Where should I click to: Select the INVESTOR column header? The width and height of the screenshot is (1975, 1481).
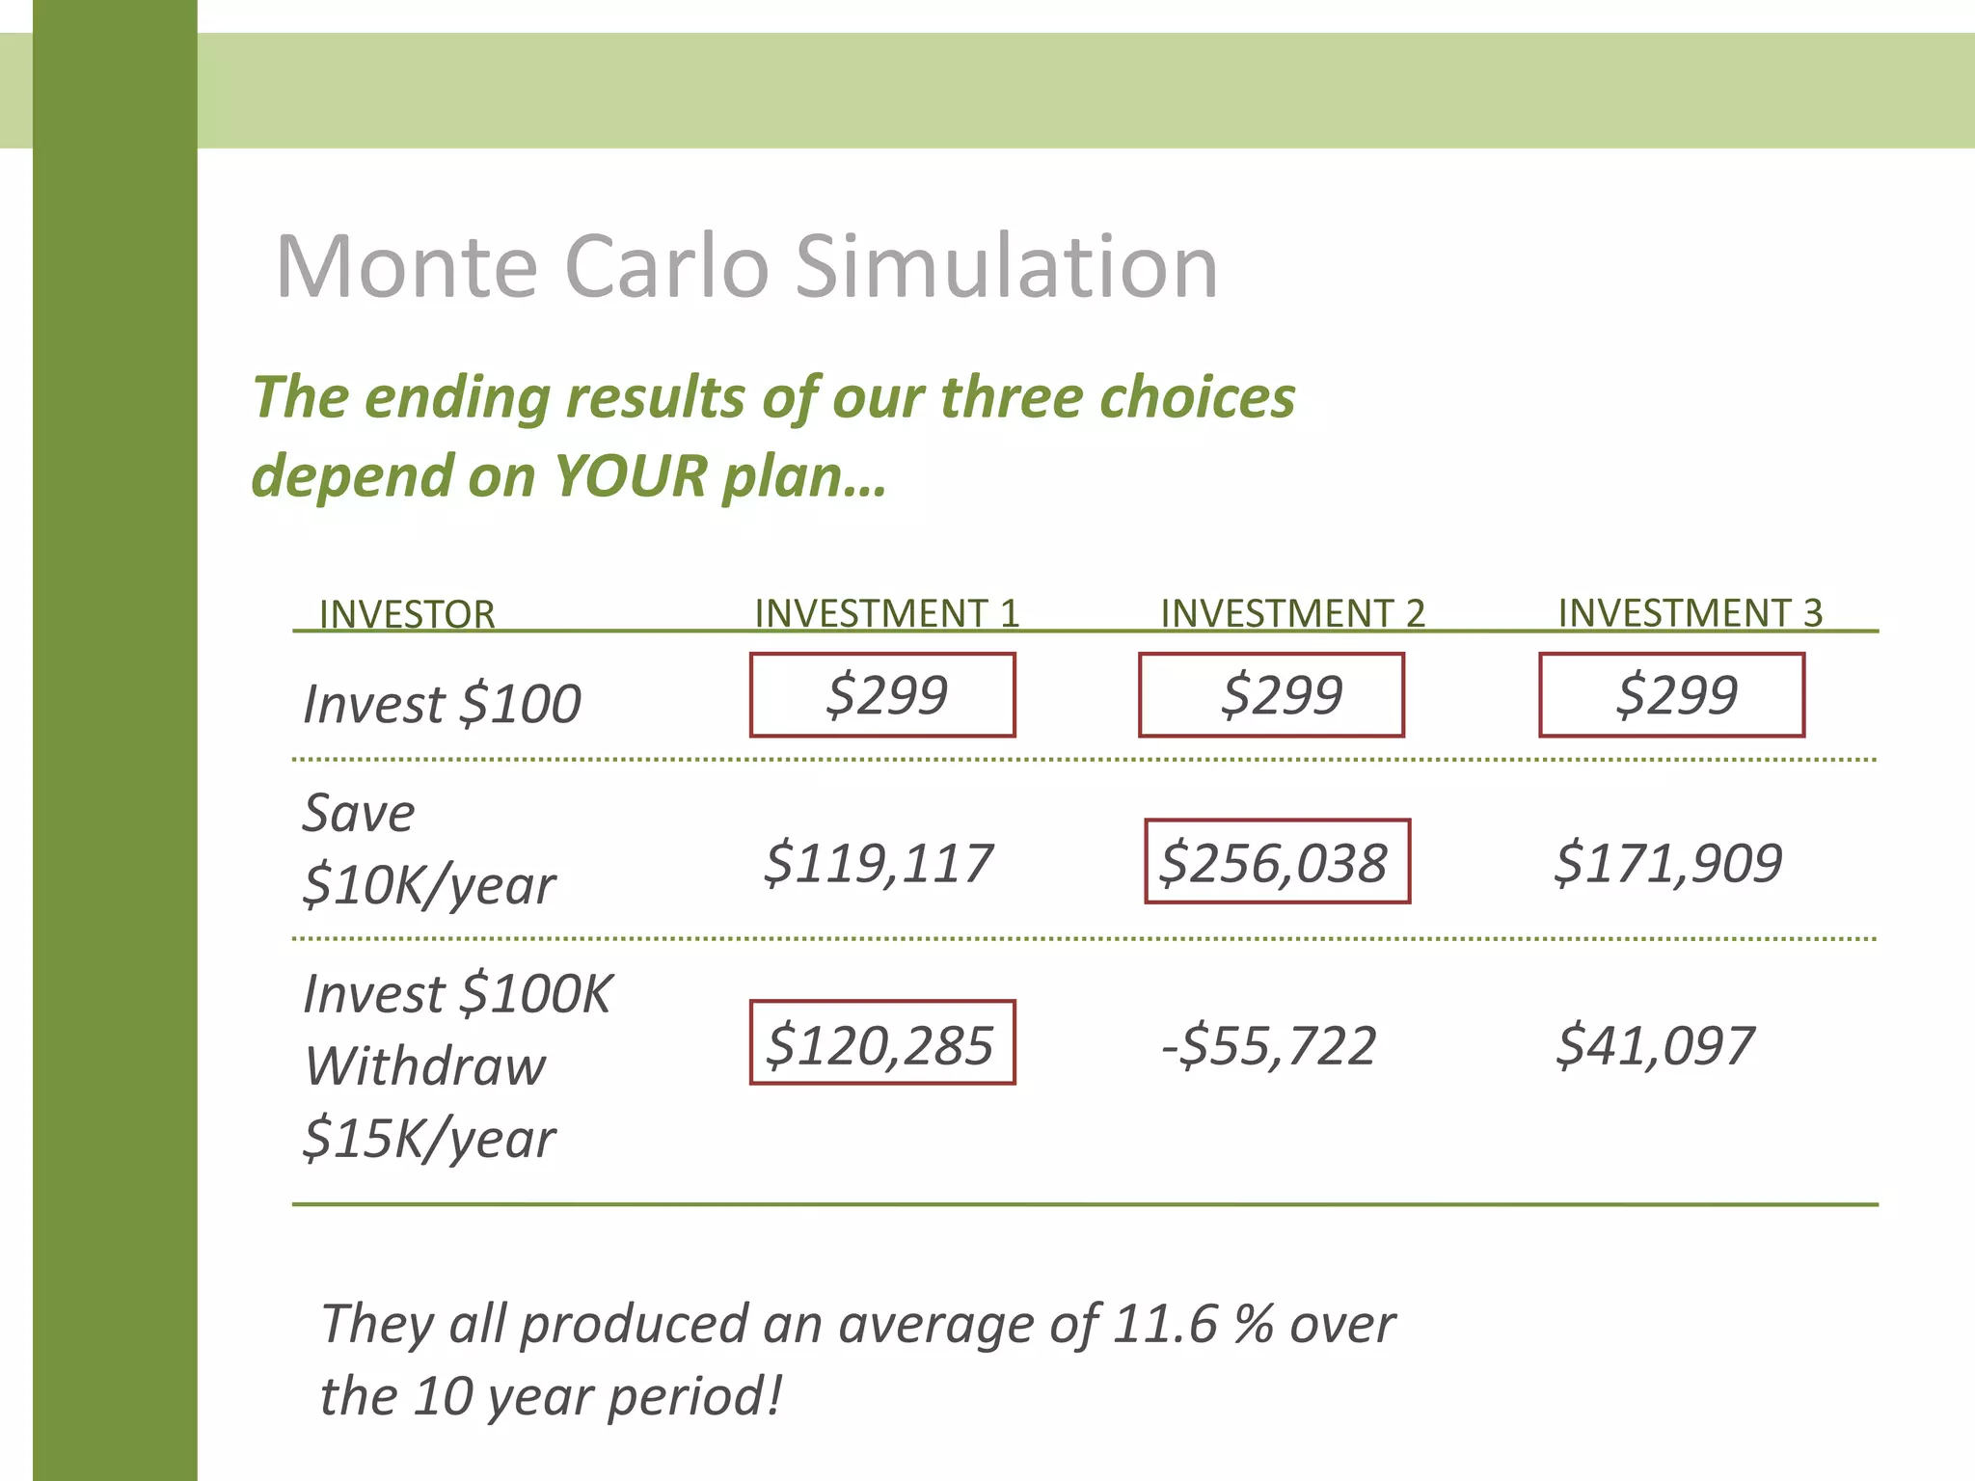pyautogui.click(x=407, y=614)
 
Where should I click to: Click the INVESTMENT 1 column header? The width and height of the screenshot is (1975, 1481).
pyautogui.click(x=886, y=613)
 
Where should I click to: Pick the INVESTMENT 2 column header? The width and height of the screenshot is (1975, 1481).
pyautogui.click(x=1292, y=613)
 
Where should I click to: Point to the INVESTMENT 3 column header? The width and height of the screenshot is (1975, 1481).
pyautogui.click(x=1690, y=613)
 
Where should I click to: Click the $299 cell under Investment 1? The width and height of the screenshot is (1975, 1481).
pyautogui.click(x=883, y=695)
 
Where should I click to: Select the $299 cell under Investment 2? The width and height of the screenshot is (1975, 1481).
pyautogui.click(x=1272, y=695)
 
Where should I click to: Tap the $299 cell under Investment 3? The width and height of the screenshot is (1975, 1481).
pyautogui.click(x=1672, y=695)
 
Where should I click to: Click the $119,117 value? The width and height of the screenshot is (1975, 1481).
pyautogui.click(x=879, y=862)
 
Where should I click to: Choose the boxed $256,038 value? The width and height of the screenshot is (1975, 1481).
pyautogui.click(x=1277, y=862)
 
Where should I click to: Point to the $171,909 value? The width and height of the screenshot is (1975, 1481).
pyautogui.click(x=1668, y=862)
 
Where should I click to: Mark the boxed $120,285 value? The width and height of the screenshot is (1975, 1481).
pyautogui.click(x=882, y=1043)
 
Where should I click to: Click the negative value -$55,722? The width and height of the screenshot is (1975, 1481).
pyautogui.click(x=1269, y=1045)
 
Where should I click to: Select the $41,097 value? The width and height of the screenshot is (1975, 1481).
pyautogui.click(x=1656, y=1045)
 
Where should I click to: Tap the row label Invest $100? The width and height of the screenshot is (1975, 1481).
pyautogui.click(x=442, y=703)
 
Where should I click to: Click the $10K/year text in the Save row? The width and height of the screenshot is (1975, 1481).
pyautogui.click(x=429, y=885)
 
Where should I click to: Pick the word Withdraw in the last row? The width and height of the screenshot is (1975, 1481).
pyautogui.click(x=425, y=1066)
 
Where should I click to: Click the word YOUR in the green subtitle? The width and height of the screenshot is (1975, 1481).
pyautogui.click(x=631, y=476)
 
